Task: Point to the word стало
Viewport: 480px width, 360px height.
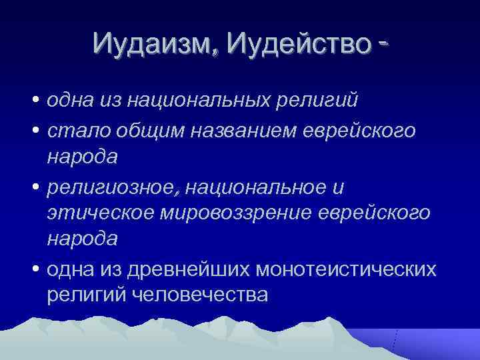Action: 74,131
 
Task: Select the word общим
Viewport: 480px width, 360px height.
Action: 141,131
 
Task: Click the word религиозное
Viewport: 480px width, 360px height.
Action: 113,188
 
